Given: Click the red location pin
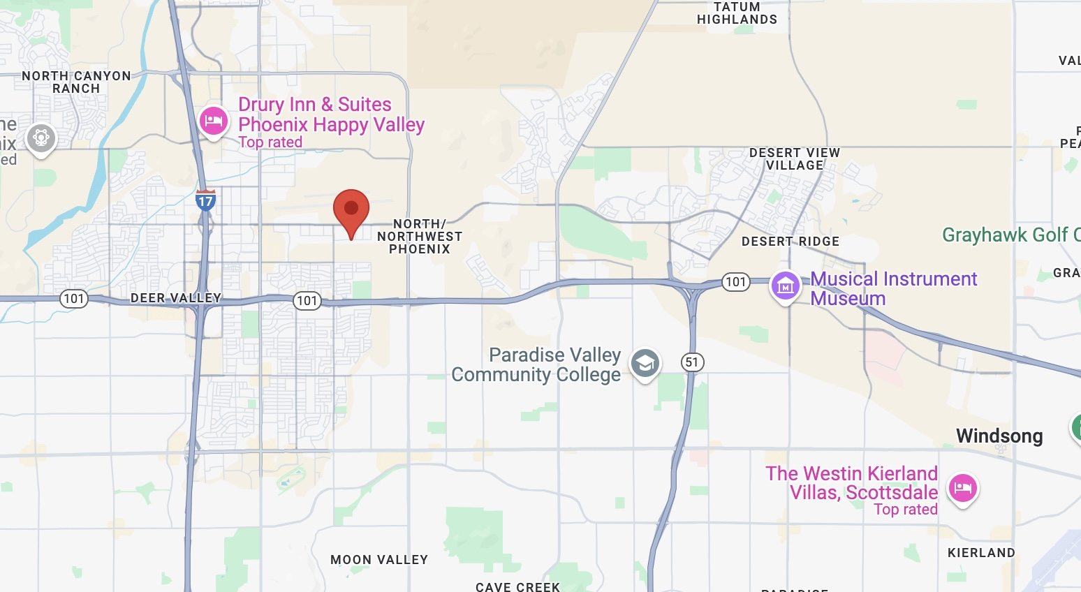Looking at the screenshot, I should coord(351,209).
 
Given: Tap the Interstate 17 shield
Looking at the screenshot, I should coord(205,201).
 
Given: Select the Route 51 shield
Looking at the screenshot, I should coord(691,362).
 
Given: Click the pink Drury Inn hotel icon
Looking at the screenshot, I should coord(213,121).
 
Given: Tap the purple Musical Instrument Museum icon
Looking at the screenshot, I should coord(785,286).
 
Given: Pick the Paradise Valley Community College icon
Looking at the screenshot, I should coord(645,363).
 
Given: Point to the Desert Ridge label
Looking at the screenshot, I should coord(790,242).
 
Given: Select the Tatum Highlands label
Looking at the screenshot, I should coord(737,13).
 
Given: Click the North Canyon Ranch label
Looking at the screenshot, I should coord(76,82).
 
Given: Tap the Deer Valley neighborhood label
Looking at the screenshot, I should coord(176,298).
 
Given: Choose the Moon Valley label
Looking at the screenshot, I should coord(379,560).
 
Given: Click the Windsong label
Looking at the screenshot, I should coord(999,436).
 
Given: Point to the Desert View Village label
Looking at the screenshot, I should coord(795,159).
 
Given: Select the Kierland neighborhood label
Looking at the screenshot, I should coord(981,553).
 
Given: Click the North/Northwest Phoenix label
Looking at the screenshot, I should coord(420,237).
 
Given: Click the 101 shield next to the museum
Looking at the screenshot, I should coord(735,282).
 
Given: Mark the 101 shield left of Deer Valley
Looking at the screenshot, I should coord(73,299).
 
